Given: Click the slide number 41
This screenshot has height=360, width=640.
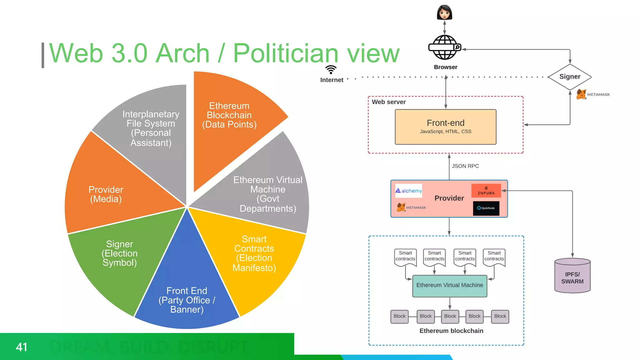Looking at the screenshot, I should (x=22, y=347).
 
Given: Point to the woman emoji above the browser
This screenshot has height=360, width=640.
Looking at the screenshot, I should (x=444, y=12).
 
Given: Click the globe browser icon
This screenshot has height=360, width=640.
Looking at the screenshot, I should (x=444, y=47).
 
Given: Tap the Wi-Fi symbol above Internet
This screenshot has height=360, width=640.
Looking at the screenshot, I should (x=331, y=69).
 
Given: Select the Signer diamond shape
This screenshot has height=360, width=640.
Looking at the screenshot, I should (x=570, y=77).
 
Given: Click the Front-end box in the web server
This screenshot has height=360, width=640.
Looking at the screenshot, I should (x=446, y=127).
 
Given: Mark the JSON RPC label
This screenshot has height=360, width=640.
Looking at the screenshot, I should (x=465, y=166).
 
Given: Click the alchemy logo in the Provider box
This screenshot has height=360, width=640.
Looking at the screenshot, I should (x=409, y=191).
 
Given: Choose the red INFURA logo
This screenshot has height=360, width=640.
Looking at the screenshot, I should (x=486, y=191).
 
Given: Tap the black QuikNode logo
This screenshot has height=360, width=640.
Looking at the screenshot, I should (x=486, y=208).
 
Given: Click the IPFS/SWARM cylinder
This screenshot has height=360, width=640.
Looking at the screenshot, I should (x=572, y=276).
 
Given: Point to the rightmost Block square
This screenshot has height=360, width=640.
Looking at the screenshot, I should (x=500, y=316).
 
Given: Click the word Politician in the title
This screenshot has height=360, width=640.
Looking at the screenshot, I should (x=286, y=53).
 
